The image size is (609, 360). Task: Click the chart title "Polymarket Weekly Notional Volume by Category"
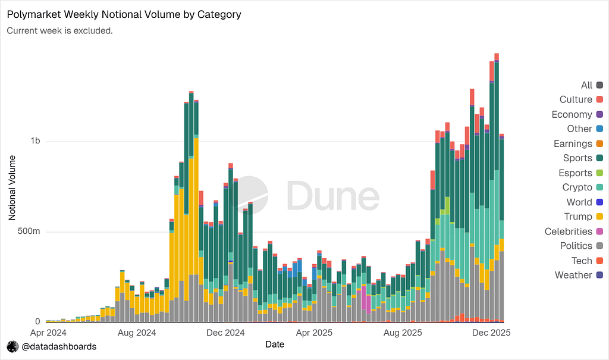[124, 14]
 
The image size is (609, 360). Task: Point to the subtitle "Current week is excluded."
[59, 30]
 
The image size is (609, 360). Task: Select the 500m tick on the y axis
[28, 231]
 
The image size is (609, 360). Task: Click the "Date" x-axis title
[274, 344]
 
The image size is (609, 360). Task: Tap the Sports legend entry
[577, 158]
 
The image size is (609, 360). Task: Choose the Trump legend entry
[578, 217]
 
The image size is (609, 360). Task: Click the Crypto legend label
[577, 187]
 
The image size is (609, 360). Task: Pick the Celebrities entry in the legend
[569, 231]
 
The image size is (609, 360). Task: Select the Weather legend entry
[573, 275]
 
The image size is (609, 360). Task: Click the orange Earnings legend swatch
[600, 143]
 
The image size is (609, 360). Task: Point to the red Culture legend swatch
[600, 99]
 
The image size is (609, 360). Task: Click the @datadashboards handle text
[59, 346]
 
